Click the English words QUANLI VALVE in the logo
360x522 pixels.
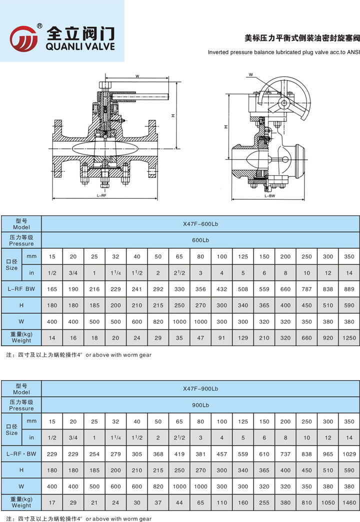pyautogui.click(x=80, y=46)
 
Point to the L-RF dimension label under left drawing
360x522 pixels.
pyautogui.click(x=101, y=196)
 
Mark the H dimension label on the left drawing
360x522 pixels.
pyautogui.click(x=172, y=115)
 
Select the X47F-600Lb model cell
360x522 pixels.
pyautogui.click(x=200, y=224)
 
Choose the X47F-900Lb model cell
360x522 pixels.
pyautogui.click(x=200, y=389)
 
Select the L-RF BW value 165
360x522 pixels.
pyautogui.click(x=52, y=289)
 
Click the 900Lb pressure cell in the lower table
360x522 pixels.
pyautogui.click(x=200, y=405)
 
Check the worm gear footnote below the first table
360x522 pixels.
pyautogui.click(x=78, y=355)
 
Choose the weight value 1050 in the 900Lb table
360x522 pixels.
pyautogui.click(x=328, y=503)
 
